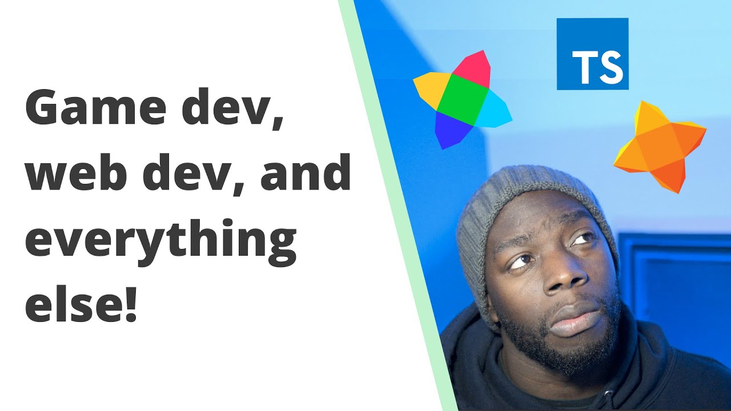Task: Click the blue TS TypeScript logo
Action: pos(592,54)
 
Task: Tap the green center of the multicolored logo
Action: pos(463,100)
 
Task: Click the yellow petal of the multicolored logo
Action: pos(431,86)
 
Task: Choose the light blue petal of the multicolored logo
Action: pos(493,113)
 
